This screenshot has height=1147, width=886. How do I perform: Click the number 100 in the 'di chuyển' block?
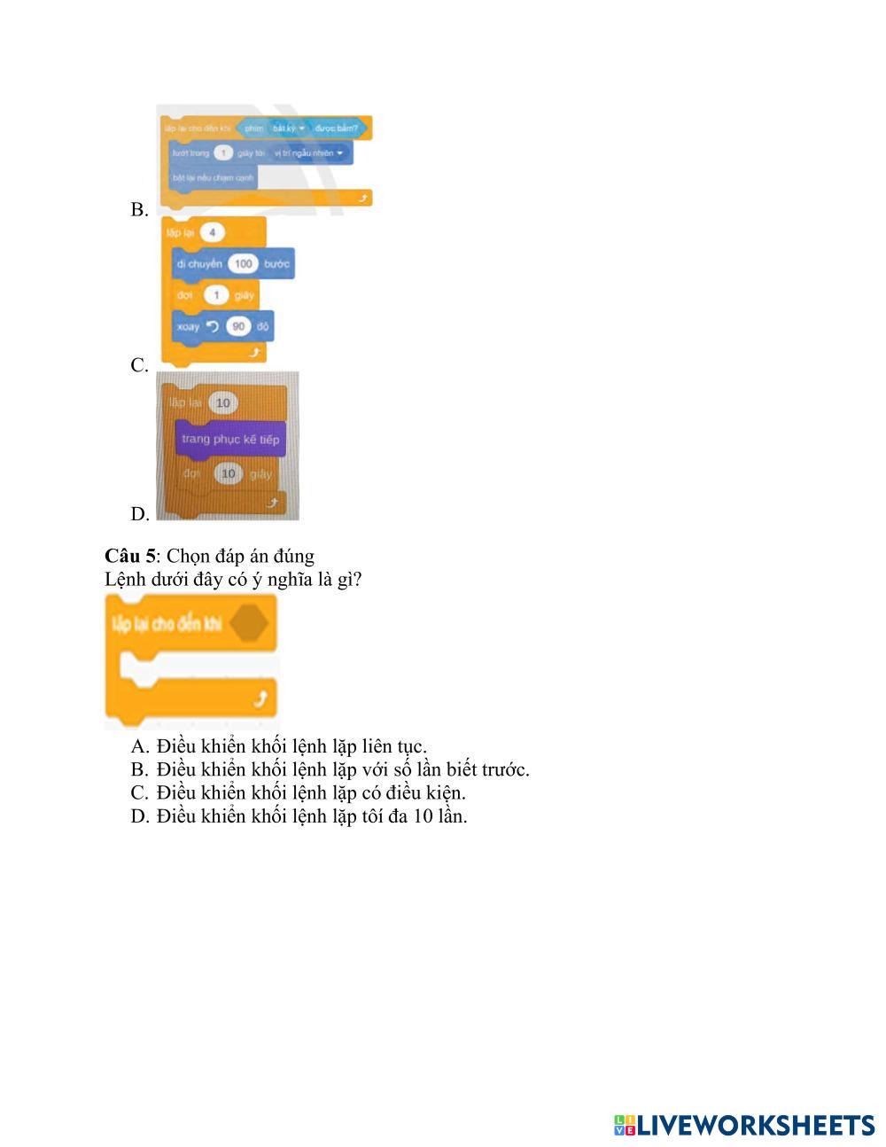click(244, 263)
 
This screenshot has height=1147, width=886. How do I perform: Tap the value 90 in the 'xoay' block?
click(237, 326)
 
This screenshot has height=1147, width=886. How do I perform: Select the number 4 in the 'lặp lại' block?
click(213, 232)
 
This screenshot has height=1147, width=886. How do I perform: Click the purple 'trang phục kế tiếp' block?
click(230, 440)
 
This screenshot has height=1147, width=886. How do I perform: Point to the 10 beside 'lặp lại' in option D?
click(222, 403)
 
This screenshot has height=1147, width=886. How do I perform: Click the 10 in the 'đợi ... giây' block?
click(229, 474)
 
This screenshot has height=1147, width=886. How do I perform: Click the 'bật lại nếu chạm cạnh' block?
click(213, 177)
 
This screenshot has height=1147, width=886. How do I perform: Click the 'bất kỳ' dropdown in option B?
click(288, 129)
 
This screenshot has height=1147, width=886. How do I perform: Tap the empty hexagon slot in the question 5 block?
click(249, 623)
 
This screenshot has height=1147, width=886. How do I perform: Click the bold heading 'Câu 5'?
click(129, 556)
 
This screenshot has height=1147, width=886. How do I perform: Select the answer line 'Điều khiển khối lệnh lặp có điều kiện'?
click(310, 792)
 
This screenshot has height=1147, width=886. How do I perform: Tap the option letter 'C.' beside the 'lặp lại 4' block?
click(139, 365)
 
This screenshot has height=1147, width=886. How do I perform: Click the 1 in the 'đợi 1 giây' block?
click(216, 294)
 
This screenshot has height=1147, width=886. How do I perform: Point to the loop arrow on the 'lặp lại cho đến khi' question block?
click(260, 700)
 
